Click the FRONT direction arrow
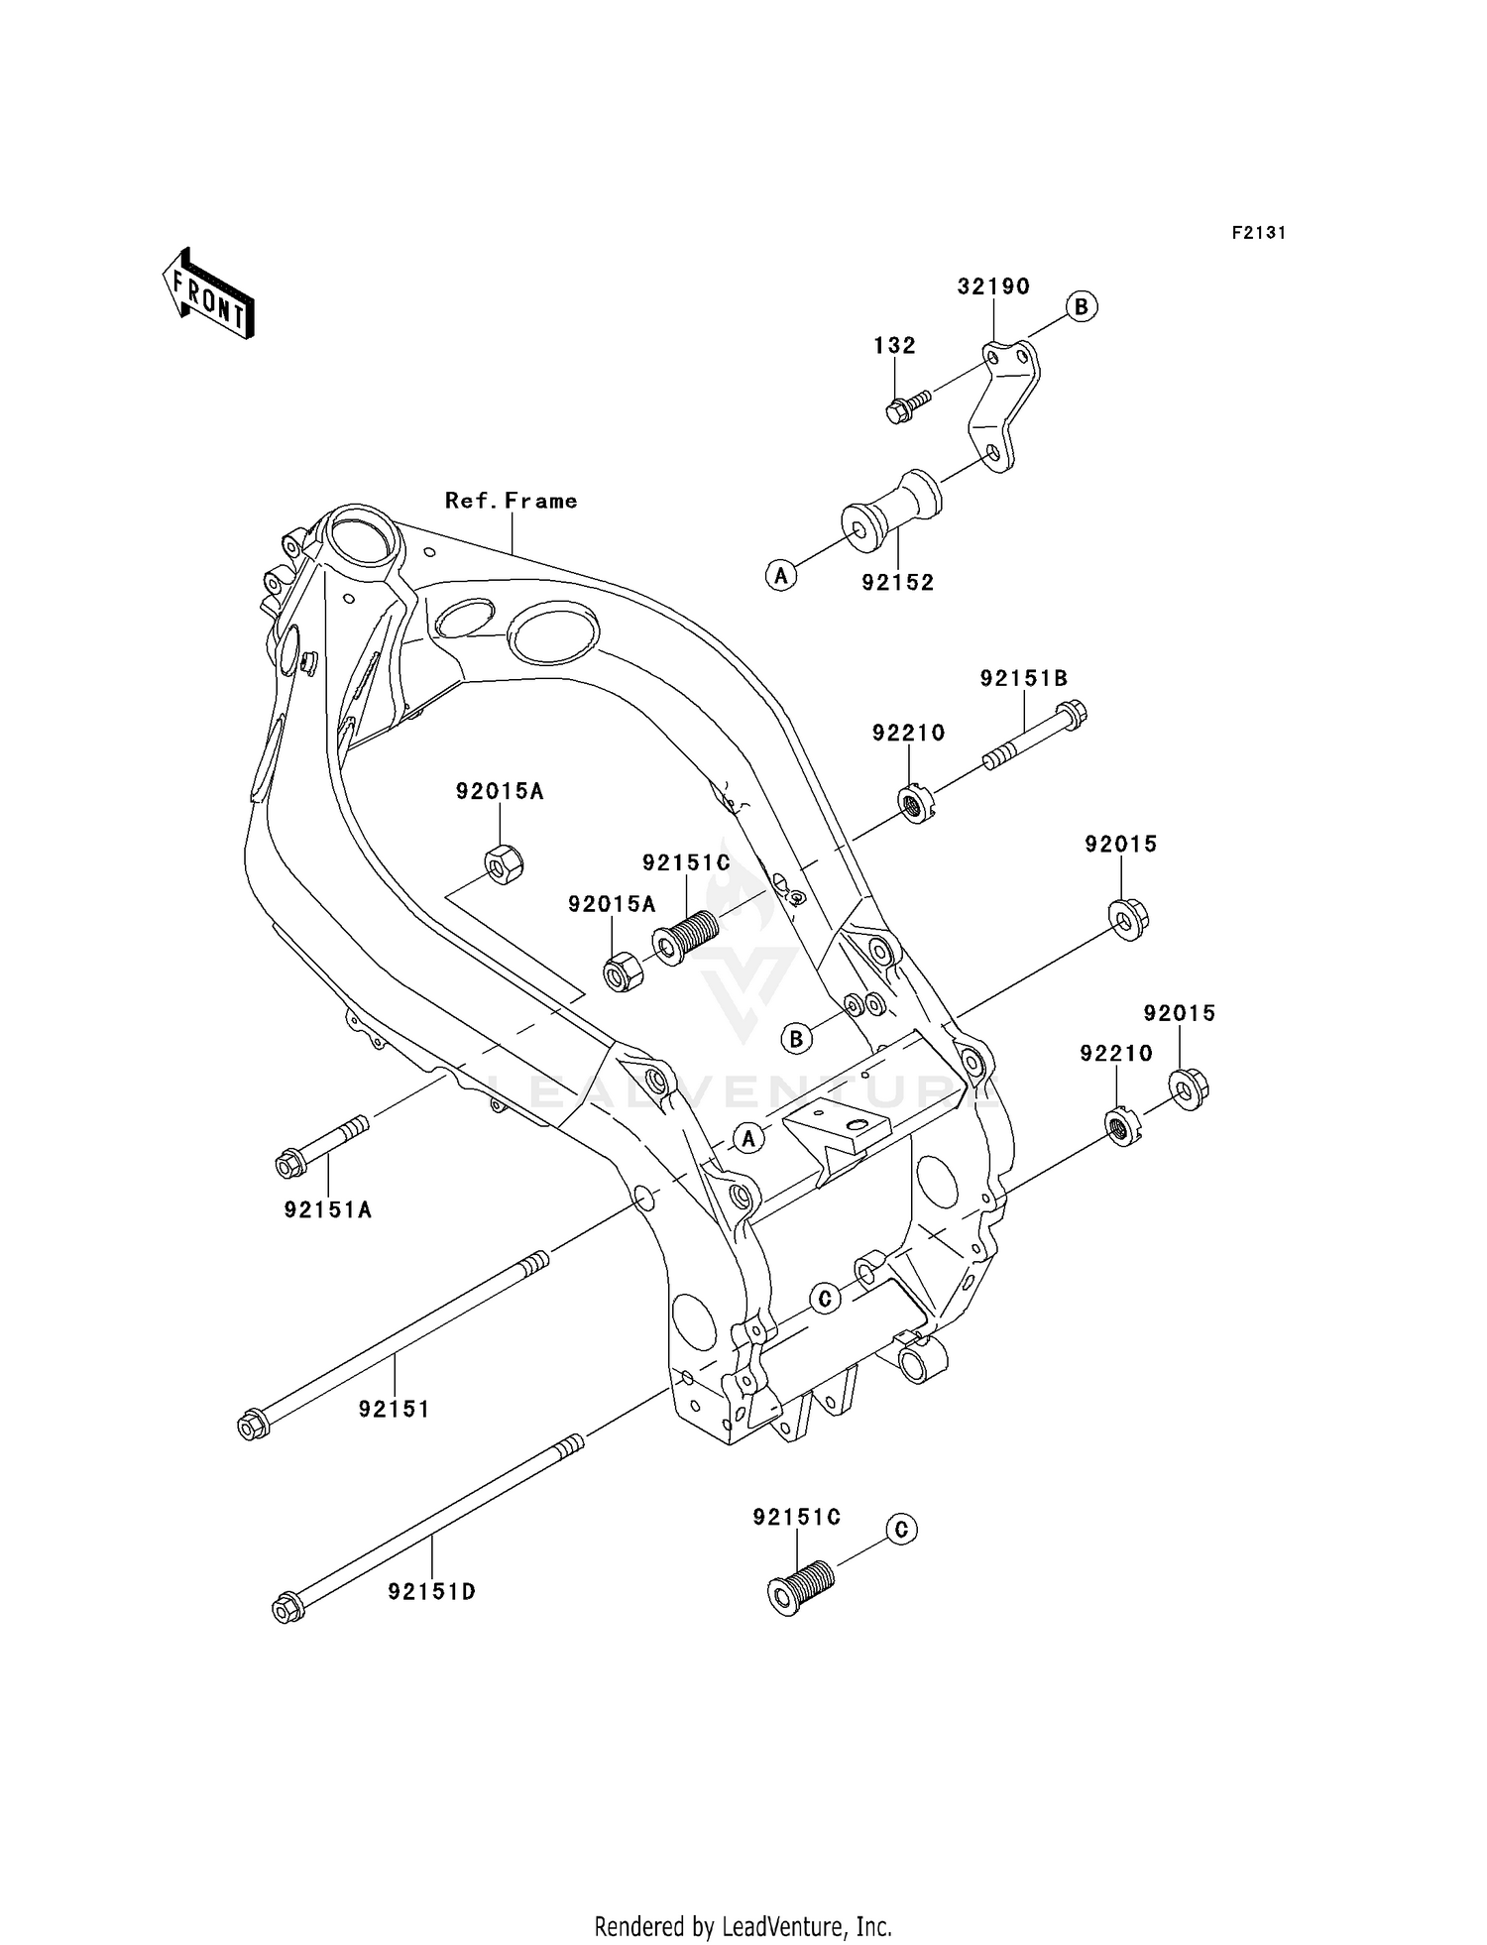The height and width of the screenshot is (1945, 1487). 208,294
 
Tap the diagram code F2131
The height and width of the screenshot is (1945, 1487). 1258,233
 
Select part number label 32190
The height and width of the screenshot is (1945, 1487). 993,286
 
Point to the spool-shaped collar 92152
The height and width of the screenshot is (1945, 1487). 889,510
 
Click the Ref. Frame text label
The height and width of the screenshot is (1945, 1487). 512,501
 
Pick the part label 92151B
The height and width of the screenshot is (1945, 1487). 1024,678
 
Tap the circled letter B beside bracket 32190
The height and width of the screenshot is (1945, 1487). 1081,306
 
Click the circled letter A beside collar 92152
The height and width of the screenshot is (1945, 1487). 781,574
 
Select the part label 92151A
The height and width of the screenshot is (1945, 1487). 328,1209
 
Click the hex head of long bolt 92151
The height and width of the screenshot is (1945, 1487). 252,1426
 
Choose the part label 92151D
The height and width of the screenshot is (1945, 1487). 432,1591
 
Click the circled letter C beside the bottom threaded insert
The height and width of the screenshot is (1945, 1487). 900,1529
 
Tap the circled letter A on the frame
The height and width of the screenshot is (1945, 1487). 748,1139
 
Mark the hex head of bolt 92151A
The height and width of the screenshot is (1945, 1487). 289,1162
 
